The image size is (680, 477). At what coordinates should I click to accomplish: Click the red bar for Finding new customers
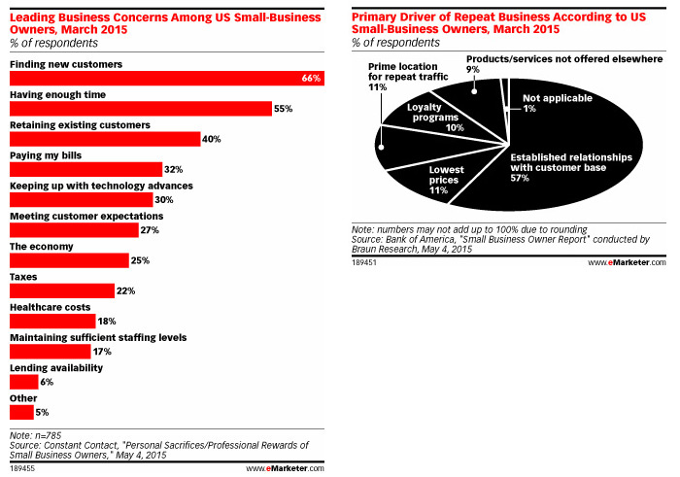[165, 79]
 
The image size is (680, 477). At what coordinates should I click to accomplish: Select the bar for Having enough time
[140, 109]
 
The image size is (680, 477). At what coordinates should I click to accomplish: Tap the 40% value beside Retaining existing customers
[212, 140]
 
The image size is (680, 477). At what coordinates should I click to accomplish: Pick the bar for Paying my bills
[85, 169]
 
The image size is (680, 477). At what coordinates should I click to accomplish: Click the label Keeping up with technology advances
[101, 185]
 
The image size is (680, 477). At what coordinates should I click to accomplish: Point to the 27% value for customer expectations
[150, 230]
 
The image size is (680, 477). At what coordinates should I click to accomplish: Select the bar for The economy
[69, 260]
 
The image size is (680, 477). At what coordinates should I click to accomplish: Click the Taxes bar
[62, 290]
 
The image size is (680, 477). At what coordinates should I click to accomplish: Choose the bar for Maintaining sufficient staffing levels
[50, 351]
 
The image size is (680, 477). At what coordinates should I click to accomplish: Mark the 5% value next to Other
[42, 412]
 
